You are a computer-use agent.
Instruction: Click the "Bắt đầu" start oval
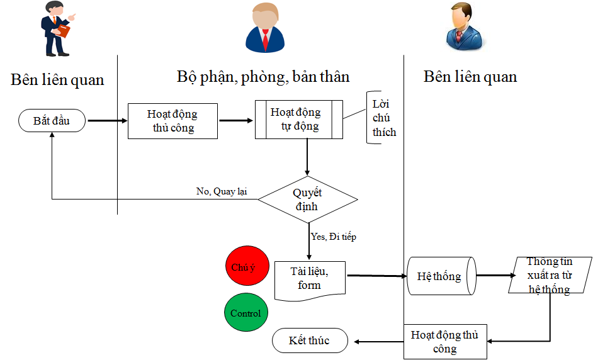pos(52,120)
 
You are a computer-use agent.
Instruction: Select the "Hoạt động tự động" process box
pos(298,120)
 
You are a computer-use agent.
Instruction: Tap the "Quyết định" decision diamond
pos(308,200)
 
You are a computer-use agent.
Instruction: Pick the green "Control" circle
pos(246,313)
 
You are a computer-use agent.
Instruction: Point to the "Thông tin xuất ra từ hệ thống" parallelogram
pos(550,275)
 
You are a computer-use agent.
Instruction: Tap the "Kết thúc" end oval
pos(309,340)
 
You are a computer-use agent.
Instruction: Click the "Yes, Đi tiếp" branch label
pos(334,237)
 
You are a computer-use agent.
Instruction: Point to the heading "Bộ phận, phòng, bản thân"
pos(263,77)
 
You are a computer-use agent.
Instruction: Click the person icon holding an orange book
pos(57,30)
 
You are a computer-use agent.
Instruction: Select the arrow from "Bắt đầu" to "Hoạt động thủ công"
pos(106,120)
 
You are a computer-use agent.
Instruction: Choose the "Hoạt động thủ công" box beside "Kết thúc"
pos(444,342)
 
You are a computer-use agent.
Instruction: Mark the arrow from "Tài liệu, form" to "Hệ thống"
pos(376,276)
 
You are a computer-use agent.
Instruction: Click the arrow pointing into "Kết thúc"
pos(378,341)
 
